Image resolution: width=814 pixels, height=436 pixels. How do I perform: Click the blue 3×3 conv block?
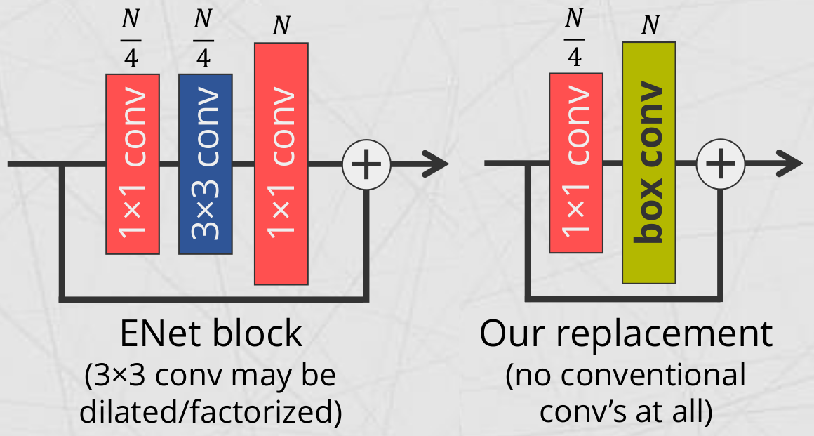point(205,164)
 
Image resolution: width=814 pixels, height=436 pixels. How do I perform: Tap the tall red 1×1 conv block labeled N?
point(281,164)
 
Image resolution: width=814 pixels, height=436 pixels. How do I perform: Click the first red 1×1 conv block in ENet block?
point(131,164)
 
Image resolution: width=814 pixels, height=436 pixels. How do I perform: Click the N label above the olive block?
point(650,25)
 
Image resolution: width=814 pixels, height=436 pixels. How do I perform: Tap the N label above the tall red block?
point(281,26)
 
